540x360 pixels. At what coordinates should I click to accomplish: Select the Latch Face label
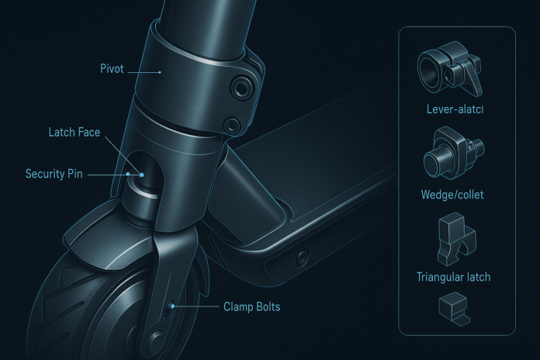[x=74, y=131]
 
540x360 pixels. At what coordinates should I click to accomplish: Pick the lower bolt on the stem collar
[x=230, y=124]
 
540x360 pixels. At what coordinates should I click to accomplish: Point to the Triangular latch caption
[x=454, y=275]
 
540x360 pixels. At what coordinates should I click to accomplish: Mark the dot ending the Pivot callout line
[x=158, y=71]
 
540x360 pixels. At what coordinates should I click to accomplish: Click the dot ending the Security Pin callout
[x=130, y=175]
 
